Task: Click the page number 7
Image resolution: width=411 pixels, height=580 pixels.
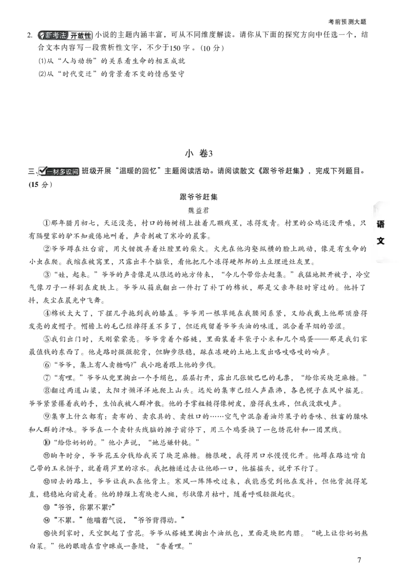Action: pos(359,559)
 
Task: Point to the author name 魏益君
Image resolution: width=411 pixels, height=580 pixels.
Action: pos(198,210)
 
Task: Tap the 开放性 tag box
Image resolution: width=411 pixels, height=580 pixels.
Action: pos(80,35)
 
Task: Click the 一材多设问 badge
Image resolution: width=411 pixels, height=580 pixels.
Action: pos(59,171)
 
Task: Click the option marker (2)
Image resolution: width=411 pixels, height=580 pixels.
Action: pos(42,74)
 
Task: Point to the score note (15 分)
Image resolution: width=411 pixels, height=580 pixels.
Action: pos(41,185)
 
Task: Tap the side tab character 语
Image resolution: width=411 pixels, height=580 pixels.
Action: pos(380,224)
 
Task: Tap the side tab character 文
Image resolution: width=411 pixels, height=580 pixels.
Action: pos(380,241)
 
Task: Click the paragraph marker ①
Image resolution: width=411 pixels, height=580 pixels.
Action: pos(47,223)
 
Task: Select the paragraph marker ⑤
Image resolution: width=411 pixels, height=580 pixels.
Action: pos(47,339)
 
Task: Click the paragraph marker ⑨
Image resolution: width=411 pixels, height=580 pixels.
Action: pos(47,416)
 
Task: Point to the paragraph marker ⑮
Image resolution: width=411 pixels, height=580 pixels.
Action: pos(47,533)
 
